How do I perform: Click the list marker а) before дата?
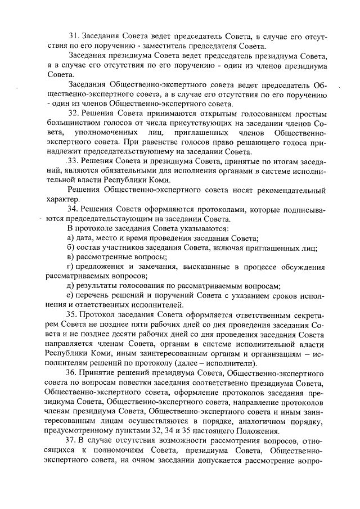pos(70,238)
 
